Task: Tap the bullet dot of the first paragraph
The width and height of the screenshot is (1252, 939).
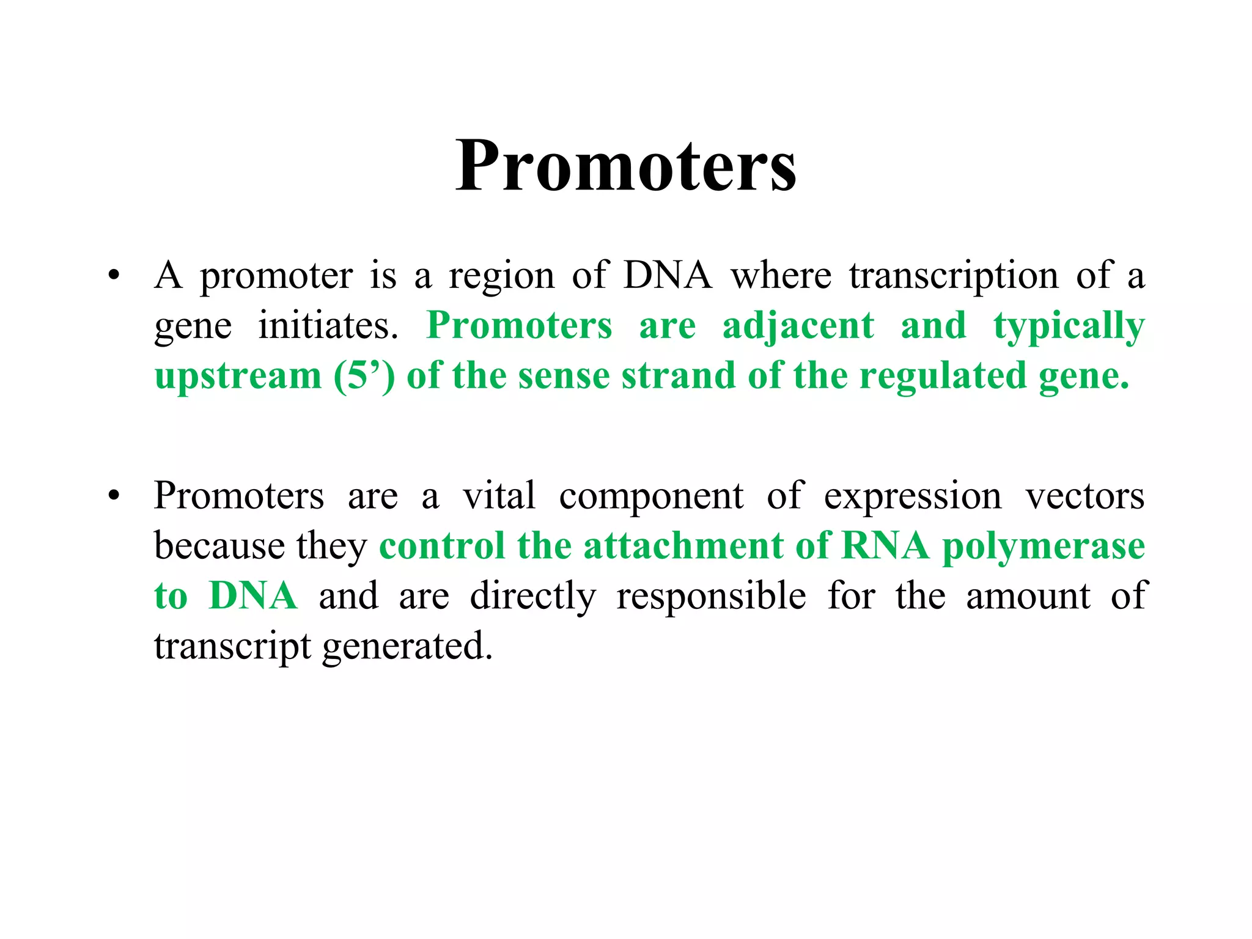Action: click(x=113, y=276)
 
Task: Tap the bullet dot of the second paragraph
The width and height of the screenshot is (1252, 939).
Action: click(x=113, y=496)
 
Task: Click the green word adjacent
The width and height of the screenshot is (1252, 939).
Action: click(x=798, y=326)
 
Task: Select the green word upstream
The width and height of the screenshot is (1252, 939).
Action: click(x=238, y=377)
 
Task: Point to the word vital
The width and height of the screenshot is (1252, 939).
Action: click(x=499, y=496)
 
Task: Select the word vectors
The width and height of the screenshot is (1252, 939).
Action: click(x=1084, y=496)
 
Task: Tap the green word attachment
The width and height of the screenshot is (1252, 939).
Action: click(x=683, y=546)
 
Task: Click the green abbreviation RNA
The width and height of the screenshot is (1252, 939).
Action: click(x=885, y=546)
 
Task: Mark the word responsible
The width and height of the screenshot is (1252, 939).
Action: click(x=711, y=596)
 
